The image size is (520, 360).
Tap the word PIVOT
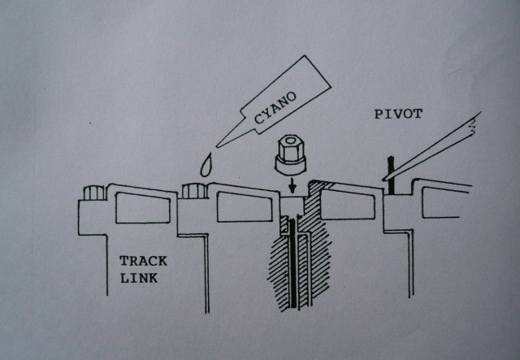(398, 115)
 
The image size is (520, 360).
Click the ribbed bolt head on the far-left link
(93, 193)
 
